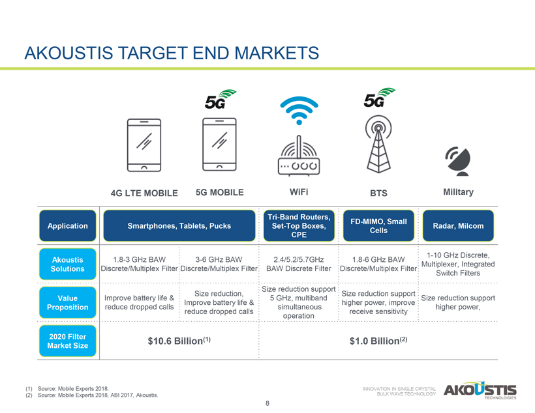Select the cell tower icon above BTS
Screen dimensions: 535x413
[378, 144]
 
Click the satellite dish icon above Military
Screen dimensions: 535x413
[458, 161]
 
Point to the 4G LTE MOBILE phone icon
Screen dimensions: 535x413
[144, 145]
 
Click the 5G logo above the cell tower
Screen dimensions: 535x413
[378, 98]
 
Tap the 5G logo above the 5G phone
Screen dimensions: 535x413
[220, 99]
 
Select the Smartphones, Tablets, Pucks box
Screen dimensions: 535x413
[179, 225]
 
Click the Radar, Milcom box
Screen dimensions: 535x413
[458, 225]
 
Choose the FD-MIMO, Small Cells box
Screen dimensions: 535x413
[378, 225]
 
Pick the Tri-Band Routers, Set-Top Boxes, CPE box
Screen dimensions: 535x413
[299, 225]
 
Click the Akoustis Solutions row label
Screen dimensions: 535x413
[68, 264]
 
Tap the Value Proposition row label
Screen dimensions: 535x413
[68, 303]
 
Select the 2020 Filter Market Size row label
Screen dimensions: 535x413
[68, 341]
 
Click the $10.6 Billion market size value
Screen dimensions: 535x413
[179, 341]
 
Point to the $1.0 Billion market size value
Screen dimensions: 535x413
[378, 341]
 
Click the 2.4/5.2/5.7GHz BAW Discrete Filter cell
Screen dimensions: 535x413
[299, 264]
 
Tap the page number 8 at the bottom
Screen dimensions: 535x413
[267, 403]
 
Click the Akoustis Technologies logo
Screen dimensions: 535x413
[480, 390]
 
